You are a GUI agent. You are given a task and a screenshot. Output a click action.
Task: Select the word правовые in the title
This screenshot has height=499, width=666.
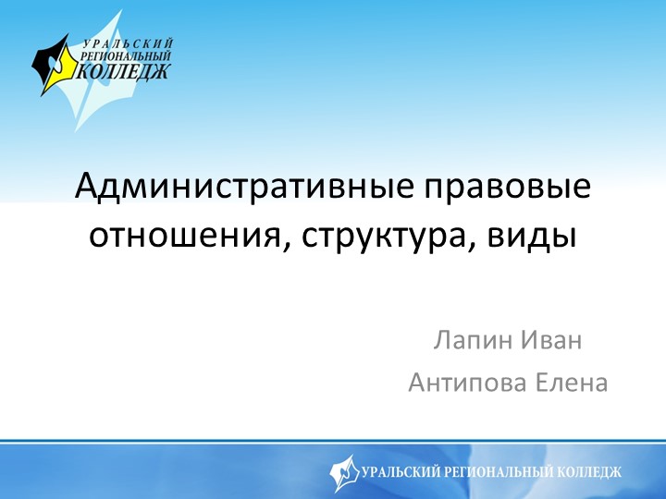coord(507,189)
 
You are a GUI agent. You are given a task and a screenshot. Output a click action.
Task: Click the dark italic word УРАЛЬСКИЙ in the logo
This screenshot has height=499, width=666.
coord(129,43)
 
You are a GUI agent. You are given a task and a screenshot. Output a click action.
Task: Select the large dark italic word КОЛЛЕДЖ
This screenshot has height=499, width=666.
coord(125,72)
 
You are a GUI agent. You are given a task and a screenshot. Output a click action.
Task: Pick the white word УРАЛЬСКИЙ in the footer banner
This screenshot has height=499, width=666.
coord(403,472)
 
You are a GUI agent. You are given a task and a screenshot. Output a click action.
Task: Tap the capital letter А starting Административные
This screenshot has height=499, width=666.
coord(88,189)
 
